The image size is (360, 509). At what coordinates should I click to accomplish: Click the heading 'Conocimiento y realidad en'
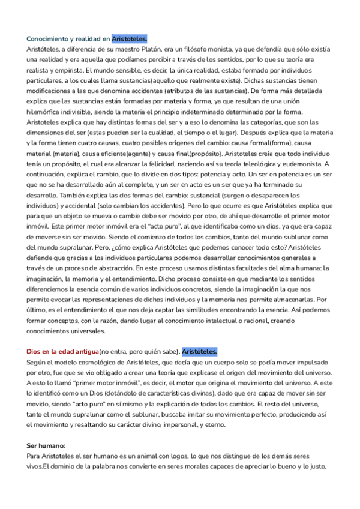pyautogui.click(x=68, y=38)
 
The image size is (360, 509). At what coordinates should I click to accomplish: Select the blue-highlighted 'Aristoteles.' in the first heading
pyautogui.click(x=130, y=38)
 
